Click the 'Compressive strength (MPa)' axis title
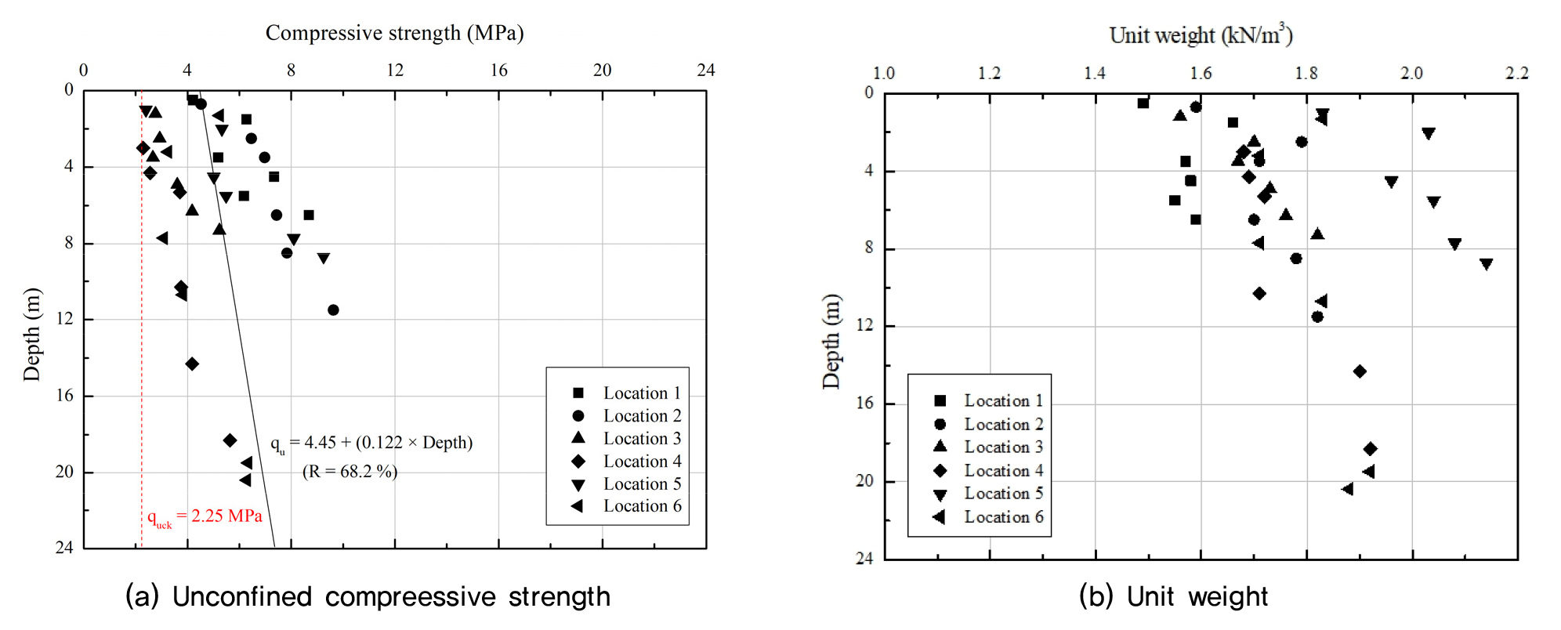point(394,33)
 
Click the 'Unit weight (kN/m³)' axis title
point(1201,35)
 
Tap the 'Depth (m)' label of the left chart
point(31,335)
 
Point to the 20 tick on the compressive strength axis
point(602,71)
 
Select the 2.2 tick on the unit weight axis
point(1516,74)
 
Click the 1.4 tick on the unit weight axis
point(1095,74)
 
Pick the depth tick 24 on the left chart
point(64,547)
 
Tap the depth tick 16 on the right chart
point(864,403)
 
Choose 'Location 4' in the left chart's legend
point(642,462)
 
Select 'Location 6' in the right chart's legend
point(1003,517)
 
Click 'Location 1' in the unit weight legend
point(1003,401)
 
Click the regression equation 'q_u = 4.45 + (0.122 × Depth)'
point(371,444)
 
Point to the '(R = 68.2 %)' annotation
point(350,472)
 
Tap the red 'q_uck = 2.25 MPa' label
point(205,516)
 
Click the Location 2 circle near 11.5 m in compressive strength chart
point(333,310)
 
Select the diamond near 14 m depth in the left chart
point(192,364)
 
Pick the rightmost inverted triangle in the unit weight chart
point(1486,264)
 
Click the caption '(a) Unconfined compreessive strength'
point(368,597)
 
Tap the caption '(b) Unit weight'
point(1172,597)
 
